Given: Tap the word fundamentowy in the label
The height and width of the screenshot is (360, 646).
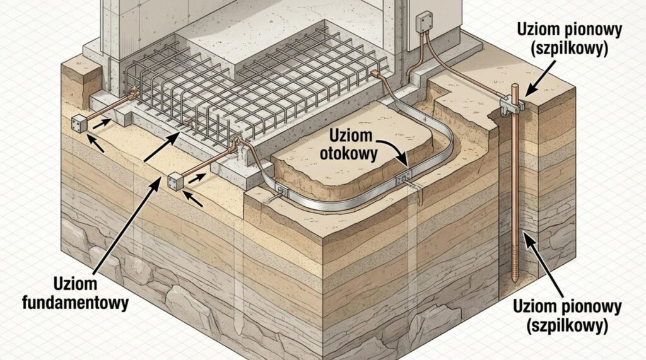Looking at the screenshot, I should [75, 303].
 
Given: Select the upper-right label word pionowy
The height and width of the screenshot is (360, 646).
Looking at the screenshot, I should [578, 30].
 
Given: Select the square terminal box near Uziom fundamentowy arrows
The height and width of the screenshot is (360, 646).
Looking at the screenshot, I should [175, 181].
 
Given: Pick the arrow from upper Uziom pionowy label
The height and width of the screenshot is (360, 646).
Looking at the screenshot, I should [537, 81].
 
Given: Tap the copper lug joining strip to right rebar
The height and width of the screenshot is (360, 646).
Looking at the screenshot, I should [379, 77].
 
